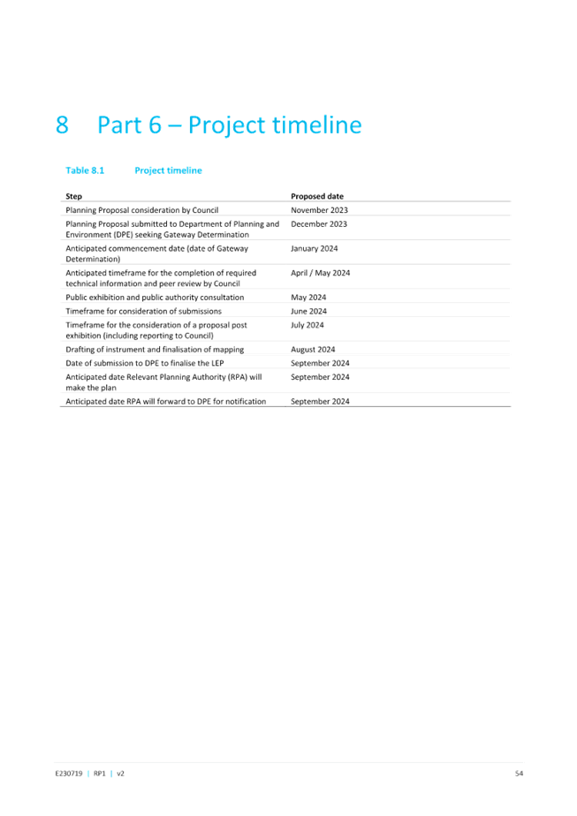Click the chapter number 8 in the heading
pos(62,125)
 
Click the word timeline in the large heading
pos(317,125)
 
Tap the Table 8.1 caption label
pos(85,170)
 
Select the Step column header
pos(74,196)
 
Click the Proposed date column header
pos(317,196)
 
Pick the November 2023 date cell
pos(319,210)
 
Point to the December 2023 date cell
pos(319,223)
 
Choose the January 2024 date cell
pos(314,249)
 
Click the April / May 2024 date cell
pos(320,273)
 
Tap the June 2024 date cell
pos(308,311)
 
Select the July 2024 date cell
pos(307,325)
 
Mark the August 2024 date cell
pos(313,350)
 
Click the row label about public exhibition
pos(155,297)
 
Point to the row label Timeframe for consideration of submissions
pos(144,311)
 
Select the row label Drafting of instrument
pos(155,350)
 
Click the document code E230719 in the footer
pos(69,774)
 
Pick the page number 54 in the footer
pos(519,774)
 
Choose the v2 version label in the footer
pos(120,774)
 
